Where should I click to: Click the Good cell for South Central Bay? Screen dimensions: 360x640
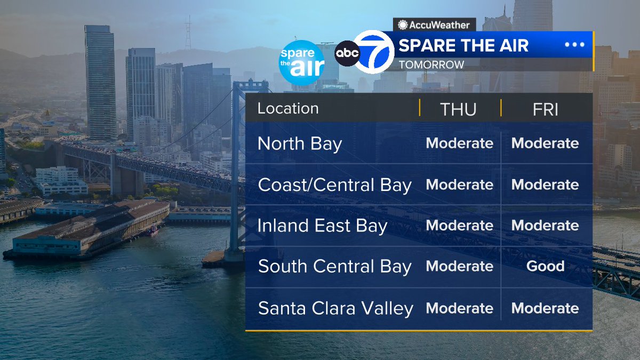click(x=545, y=266)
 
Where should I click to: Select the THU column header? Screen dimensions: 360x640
click(x=458, y=109)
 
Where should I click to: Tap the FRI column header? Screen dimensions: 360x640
click(x=545, y=109)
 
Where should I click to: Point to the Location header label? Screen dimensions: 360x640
click(x=288, y=108)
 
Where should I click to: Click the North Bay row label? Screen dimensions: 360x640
click(x=300, y=144)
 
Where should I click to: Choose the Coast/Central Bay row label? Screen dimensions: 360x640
click(x=335, y=185)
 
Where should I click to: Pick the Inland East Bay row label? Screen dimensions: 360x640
click(x=322, y=226)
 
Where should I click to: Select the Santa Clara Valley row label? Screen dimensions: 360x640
click(x=335, y=308)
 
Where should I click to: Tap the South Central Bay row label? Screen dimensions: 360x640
click(x=335, y=267)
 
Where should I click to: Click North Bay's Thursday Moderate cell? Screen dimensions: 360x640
click(x=459, y=143)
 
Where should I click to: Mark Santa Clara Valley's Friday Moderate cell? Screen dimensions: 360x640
click(x=545, y=308)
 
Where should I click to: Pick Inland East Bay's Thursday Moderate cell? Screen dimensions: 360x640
click(x=459, y=226)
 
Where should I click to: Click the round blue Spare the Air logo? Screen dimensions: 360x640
click(x=301, y=63)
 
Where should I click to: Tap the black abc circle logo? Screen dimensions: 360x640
click(x=347, y=53)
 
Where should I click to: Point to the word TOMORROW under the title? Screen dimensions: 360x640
click(x=431, y=65)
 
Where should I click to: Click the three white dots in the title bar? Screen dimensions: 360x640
click(x=574, y=45)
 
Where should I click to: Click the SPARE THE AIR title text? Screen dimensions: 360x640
click(x=463, y=45)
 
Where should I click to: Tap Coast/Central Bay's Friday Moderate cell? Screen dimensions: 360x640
click(x=545, y=185)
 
